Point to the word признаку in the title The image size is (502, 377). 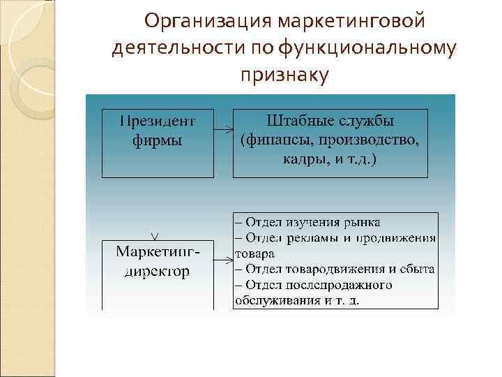[x=283, y=73]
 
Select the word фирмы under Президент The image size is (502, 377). [x=158, y=140]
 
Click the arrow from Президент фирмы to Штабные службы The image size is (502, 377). [x=223, y=130]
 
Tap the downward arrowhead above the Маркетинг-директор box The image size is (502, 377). [x=155, y=234]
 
